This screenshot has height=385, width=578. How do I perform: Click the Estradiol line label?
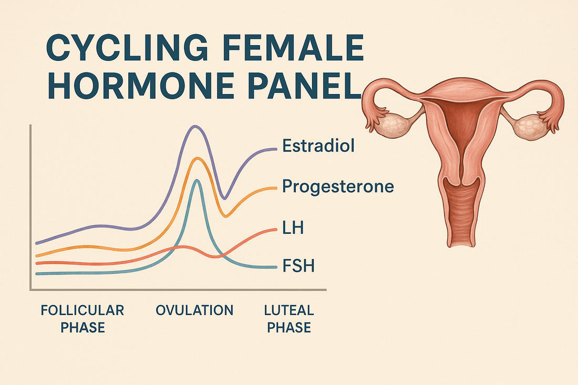click(x=318, y=145)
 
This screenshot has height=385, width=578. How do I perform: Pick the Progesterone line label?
click(x=338, y=186)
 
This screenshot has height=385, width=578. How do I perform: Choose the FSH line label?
click(x=298, y=266)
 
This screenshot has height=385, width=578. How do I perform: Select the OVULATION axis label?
click(x=194, y=310)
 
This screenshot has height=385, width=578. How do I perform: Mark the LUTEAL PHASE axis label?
click(x=288, y=318)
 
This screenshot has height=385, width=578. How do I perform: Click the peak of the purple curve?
click(x=195, y=127)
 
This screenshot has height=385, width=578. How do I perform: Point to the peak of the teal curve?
click(x=197, y=180)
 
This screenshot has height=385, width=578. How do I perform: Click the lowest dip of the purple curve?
click(x=225, y=198)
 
